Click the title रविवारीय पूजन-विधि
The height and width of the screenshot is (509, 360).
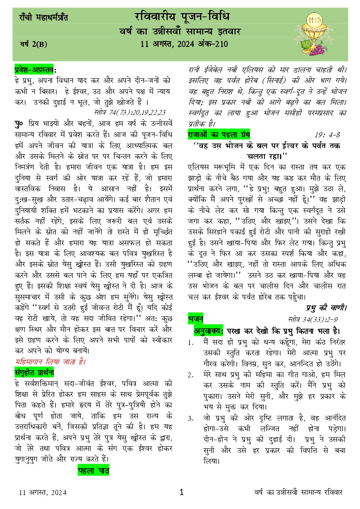pos(182,16)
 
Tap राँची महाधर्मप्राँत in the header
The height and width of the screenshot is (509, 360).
pos(43,18)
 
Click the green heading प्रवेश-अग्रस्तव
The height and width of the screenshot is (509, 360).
pos(35,70)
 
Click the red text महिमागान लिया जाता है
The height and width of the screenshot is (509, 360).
pos(50,362)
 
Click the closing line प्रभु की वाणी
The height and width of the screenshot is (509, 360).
pos(327,307)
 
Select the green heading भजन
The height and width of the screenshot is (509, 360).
pos(195,319)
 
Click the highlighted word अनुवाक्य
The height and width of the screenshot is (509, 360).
pos(208,331)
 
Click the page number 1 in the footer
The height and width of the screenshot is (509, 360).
pos(182,492)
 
